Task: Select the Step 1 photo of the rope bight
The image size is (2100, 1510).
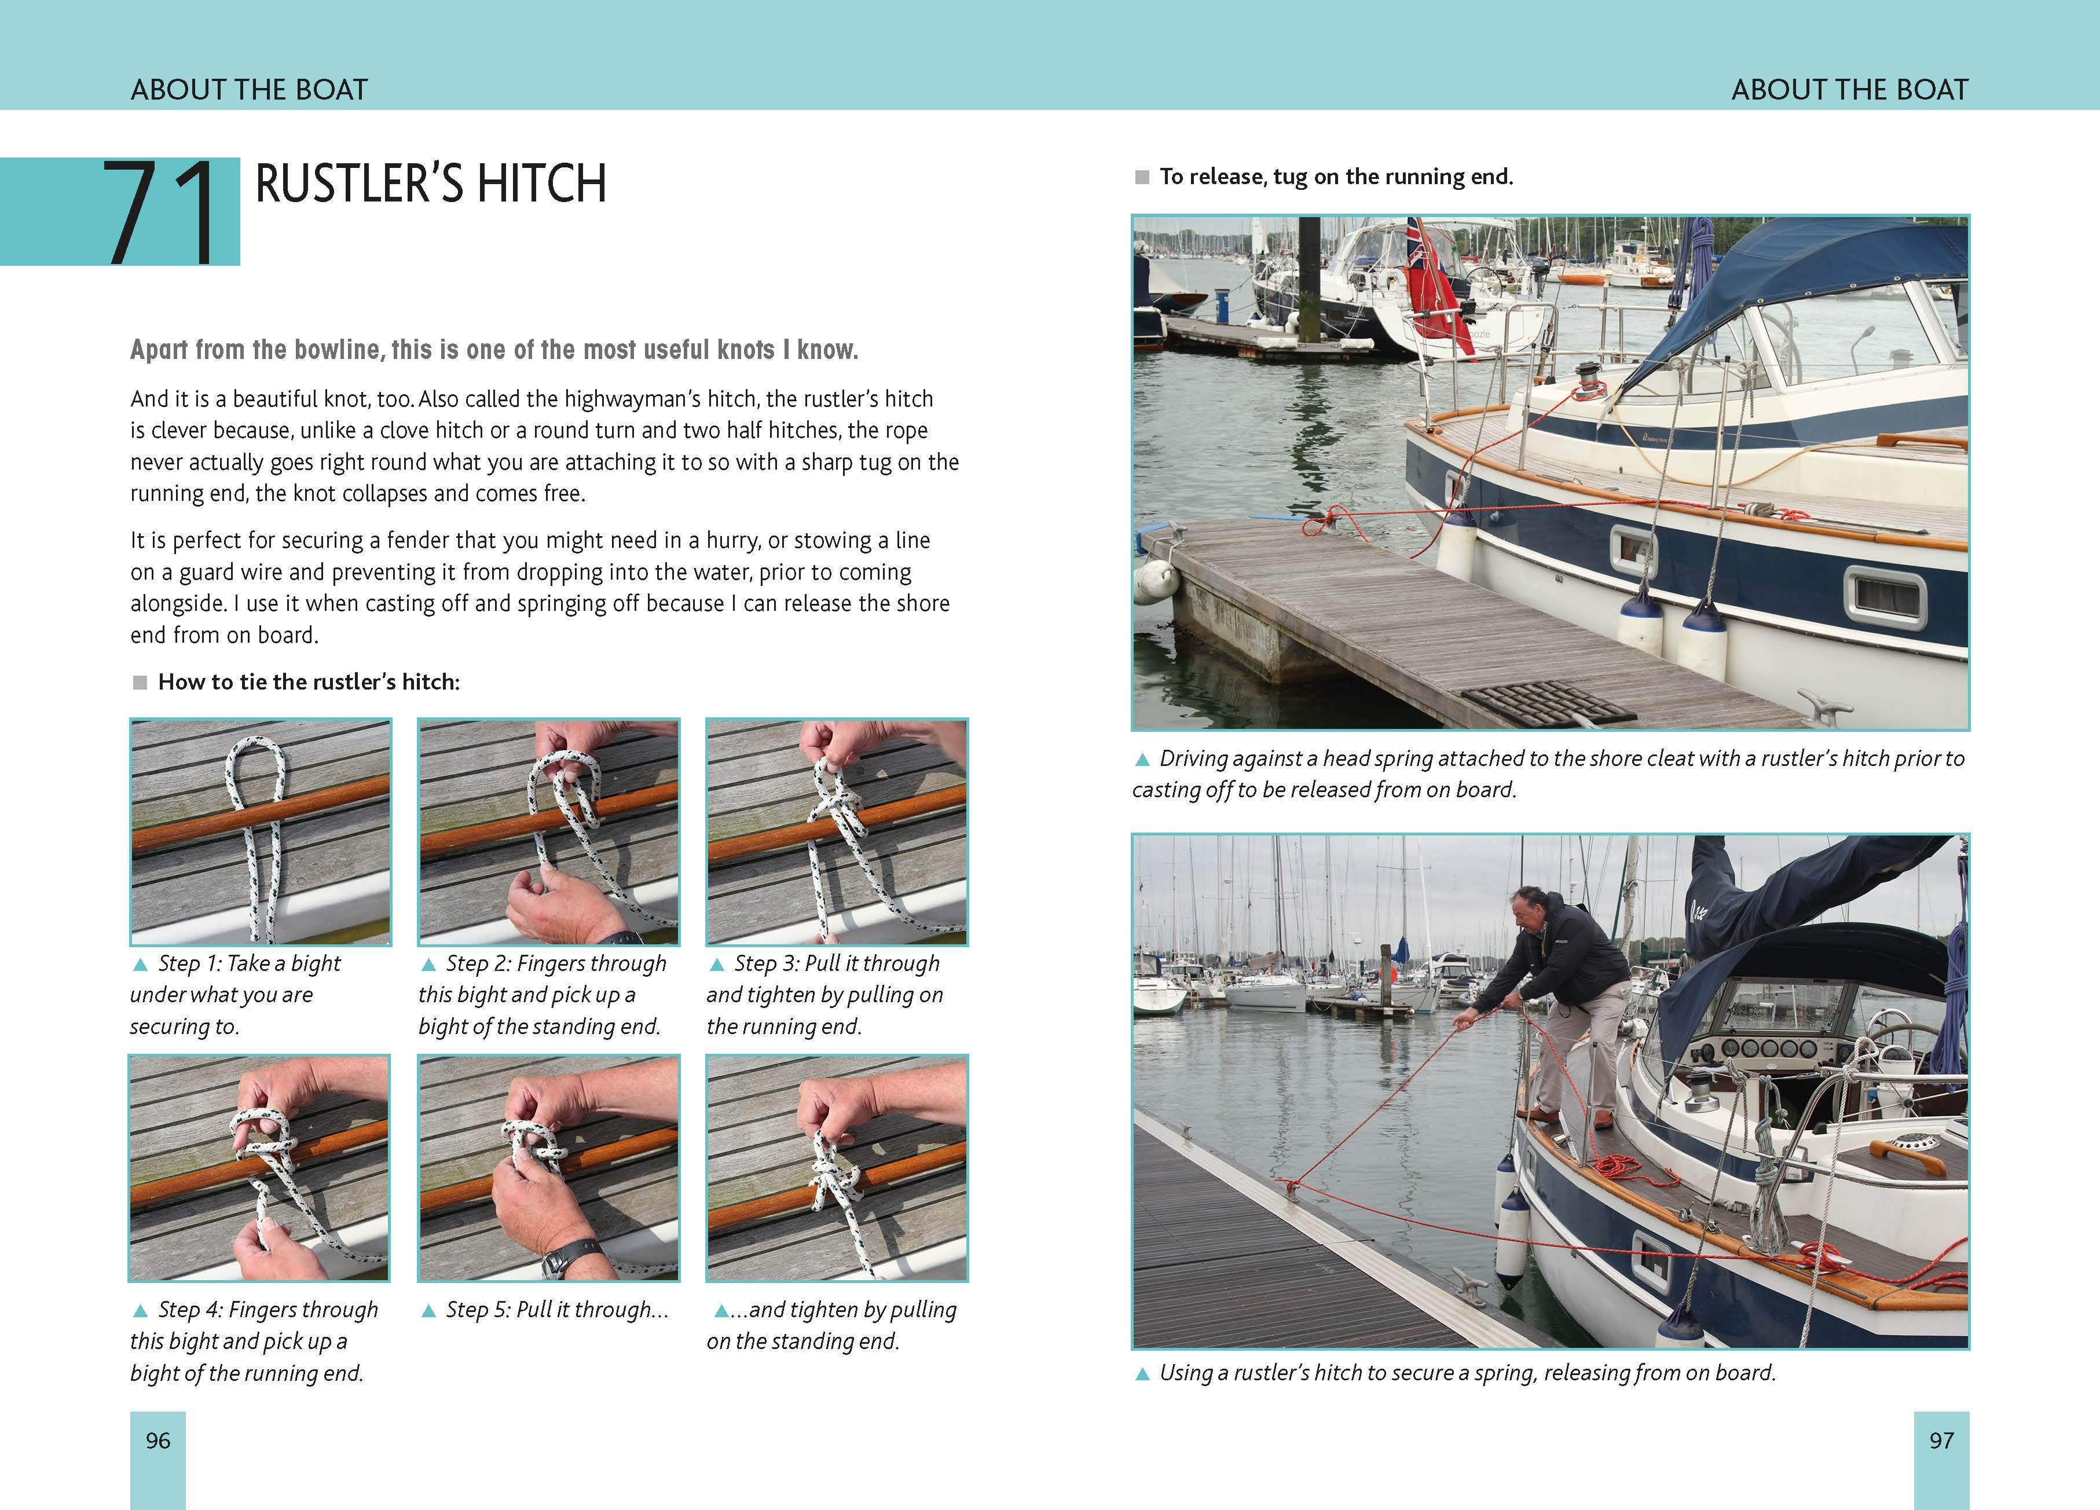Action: [260, 831]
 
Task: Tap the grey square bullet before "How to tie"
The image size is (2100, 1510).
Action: [140, 682]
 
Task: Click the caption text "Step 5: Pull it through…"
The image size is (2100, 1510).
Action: [556, 1309]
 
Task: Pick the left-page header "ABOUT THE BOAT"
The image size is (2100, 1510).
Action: [249, 90]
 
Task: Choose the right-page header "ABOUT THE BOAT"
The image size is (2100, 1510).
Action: [1849, 90]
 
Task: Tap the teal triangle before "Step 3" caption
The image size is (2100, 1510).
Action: [717, 965]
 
